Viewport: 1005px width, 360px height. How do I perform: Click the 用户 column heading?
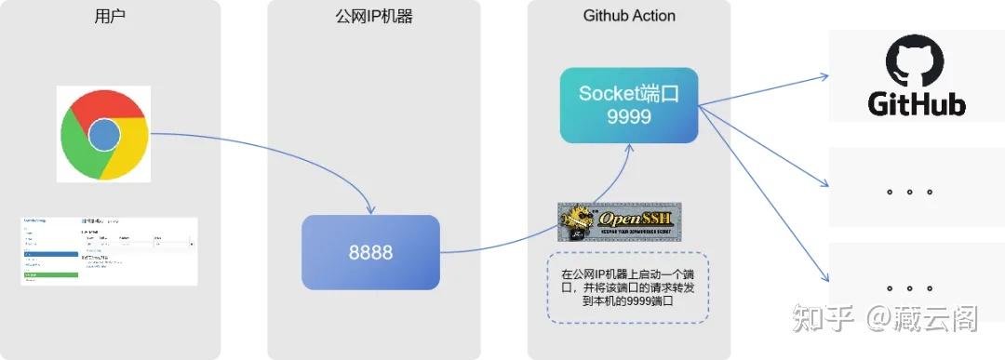coord(110,16)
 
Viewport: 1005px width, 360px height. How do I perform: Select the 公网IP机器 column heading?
coord(374,16)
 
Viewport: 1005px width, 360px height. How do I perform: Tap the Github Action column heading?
coord(629,16)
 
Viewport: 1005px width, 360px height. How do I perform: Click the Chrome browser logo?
coord(103,134)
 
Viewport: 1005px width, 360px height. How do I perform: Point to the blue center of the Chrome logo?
coord(104,135)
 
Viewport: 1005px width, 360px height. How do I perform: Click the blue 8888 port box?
coord(370,252)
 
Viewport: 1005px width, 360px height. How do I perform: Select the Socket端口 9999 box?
coord(629,105)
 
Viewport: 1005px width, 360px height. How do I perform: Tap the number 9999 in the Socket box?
coord(629,117)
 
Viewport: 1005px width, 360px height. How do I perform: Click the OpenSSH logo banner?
coord(620,221)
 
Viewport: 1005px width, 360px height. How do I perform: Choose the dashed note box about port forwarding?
coord(628,287)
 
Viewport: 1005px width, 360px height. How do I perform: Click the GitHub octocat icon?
coord(916,63)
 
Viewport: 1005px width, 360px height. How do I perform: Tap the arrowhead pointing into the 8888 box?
coord(371,210)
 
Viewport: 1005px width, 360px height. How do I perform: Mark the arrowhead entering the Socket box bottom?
coord(628,149)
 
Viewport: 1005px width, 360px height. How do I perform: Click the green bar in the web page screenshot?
coord(50,274)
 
